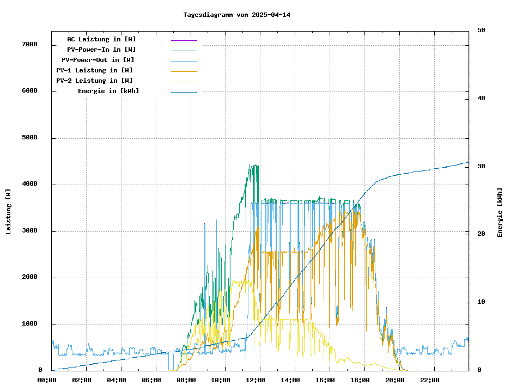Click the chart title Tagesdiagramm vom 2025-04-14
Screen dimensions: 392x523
[236, 15]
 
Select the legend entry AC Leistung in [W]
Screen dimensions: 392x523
[101, 39]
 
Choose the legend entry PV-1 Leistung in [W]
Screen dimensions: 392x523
[94, 70]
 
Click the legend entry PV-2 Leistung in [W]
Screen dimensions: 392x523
[94, 81]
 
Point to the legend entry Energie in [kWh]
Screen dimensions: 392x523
[108, 91]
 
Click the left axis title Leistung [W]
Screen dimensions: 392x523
[9, 212]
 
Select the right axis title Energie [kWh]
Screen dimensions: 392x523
[500, 212]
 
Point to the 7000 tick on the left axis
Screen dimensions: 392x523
[29, 44]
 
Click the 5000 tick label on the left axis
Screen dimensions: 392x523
[29, 138]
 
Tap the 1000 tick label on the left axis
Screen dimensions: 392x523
[29, 324]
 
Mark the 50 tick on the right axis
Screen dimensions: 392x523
[481, 30]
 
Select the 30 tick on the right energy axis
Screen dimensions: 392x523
[481, 166]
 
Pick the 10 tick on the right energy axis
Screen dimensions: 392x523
[481, 302]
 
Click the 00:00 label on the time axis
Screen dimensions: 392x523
[47, 380]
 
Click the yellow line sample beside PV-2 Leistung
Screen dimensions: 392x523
[184, 82]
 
